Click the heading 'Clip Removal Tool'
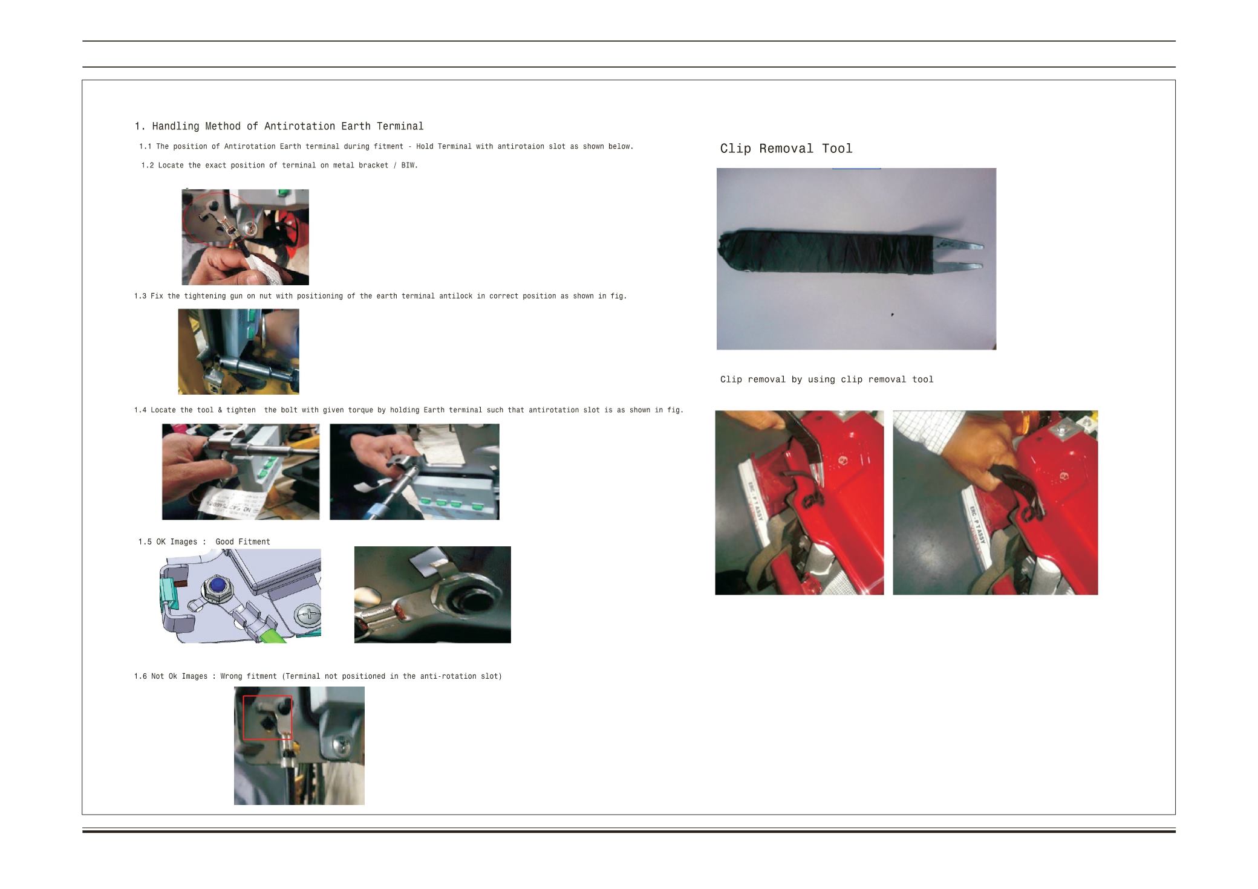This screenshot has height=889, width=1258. [x=786, y=149]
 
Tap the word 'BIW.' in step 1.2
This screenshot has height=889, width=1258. [x=409, y=166]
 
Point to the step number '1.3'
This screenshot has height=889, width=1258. [x=140, y=296]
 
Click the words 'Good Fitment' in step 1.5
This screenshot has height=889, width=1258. [x=243, y=542]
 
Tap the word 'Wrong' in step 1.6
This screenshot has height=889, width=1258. [x=231, y=676]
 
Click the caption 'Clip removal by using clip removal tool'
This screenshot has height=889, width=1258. [x=827, y=380]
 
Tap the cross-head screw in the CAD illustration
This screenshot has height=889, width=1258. [x=308, y=618]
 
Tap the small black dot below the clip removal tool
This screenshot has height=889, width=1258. [x=892, y=314]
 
